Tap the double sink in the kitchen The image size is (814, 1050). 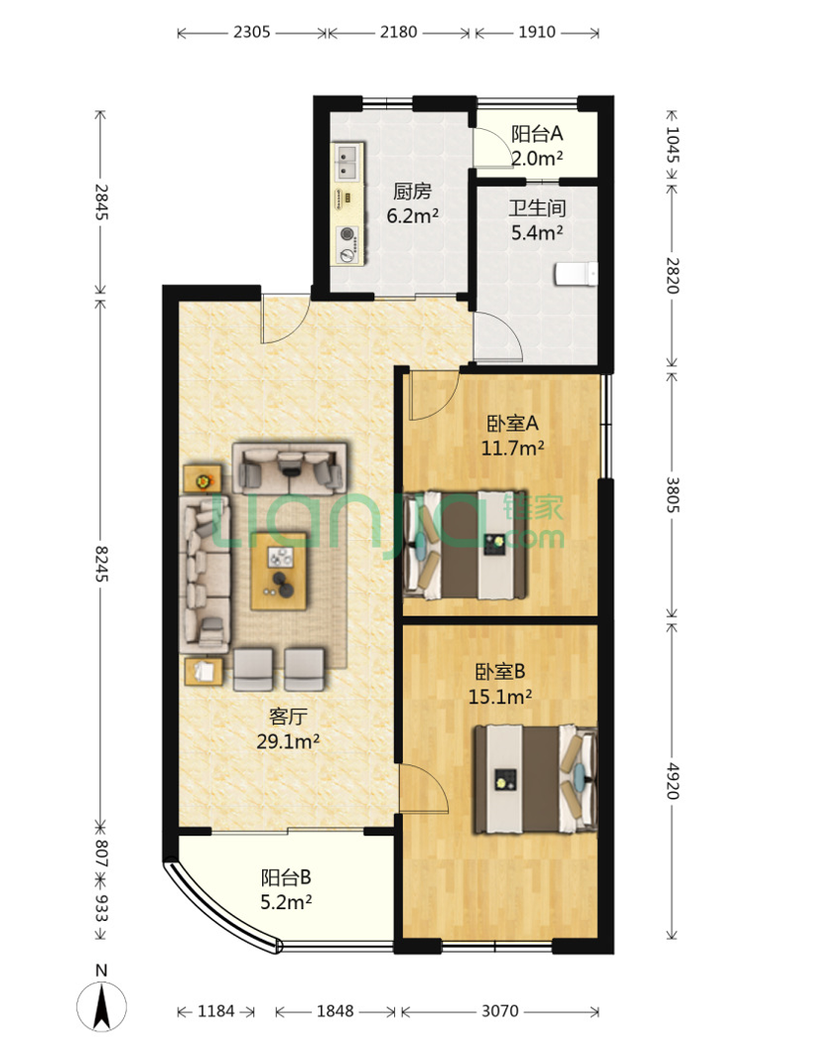click(x=347, y=163)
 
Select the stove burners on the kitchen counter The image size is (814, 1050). click(x=347, y=244)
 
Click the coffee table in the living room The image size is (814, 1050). click(x=279, y=571)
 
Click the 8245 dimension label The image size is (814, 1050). click(x=100, y=563)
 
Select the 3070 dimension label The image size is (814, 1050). click(x=499, y=1010)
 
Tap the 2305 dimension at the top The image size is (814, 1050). click(x=252, y=32)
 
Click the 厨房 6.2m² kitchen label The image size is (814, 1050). click(x=413, y=203)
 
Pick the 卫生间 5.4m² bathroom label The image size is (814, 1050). click(x=537, y=220)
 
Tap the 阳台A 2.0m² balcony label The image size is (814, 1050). click(x=537, y=146)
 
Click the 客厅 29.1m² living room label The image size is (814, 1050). click(x=288, y=728)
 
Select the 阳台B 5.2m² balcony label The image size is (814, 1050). click(x=286, y=889)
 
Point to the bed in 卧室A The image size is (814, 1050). click(x=466, y=545)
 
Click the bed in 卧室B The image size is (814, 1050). click(x=535, y=779)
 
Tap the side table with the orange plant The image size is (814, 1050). click(x=203, y=478)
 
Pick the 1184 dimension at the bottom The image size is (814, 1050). click(x=215, y=1010)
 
